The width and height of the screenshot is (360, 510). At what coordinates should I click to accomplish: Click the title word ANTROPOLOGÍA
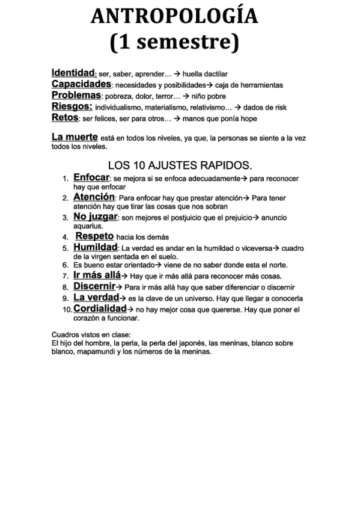(174, 17)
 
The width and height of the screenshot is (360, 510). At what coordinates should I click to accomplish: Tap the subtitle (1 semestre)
(174, 42)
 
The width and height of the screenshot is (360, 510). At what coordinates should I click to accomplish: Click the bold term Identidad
(73, 73)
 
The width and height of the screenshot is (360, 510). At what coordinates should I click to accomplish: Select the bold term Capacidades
(81, 84)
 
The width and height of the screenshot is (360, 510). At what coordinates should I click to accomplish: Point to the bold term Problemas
(76, 95)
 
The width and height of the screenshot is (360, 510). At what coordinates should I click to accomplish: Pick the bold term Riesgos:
(72, 106)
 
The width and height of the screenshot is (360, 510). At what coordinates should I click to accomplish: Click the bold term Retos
(65, 117)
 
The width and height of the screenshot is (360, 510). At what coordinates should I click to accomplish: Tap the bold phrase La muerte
(75, 138)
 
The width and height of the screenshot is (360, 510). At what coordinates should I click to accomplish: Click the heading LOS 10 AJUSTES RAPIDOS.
(180, 165)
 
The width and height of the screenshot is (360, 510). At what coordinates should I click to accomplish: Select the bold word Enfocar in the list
(91, 178)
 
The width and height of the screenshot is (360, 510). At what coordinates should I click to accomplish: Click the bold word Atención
(94, 197)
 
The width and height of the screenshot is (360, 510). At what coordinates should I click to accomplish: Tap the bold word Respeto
(94, 236)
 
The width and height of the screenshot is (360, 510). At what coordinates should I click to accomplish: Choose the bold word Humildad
(95, 247)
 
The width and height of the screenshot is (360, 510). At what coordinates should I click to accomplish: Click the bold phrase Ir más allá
(97, 275)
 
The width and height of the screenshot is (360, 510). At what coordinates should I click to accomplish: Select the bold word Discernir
(94, 286)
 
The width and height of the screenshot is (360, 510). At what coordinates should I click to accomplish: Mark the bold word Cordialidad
(100, 309)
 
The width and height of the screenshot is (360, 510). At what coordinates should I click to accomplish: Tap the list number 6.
(65, 265)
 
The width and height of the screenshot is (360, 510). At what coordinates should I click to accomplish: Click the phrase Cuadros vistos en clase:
(91, 334)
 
